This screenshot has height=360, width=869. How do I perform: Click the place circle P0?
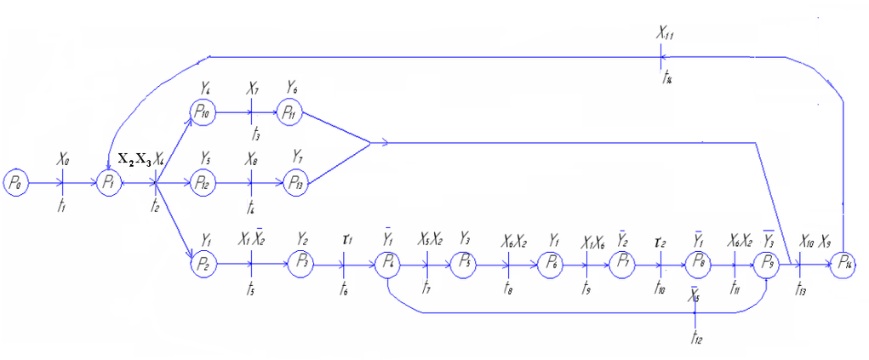(x=16, y=182)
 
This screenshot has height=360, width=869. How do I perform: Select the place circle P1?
(x=109, y=182)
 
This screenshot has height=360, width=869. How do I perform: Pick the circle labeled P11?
(x=289, y=111)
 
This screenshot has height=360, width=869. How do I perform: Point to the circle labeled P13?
(x=297, y=182)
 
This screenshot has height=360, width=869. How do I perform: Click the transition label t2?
(x=154, y=207)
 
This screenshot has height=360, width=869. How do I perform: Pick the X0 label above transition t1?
(x=64, y=159)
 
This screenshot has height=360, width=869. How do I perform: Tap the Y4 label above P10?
(x=205, y=87)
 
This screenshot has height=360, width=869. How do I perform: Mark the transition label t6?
(x=343, y=289)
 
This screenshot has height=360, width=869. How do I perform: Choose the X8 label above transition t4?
(x=253, y=159)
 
